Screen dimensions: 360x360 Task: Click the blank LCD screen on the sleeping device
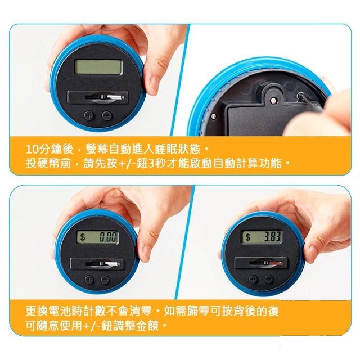(x=98, y=66)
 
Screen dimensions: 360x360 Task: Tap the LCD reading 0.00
(x=97, y=237)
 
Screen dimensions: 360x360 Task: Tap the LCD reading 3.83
(x=262, y=236)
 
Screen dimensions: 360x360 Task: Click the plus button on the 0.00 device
(x=89, y=280)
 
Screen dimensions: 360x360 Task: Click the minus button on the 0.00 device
(x=105, y=280)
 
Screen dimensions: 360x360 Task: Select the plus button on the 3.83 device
(x=253, y=280)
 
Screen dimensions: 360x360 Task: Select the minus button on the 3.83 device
(x=268, y=280)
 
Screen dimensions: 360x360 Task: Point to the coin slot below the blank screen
(x=98, y=97)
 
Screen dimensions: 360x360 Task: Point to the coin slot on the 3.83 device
(x=261, y=263)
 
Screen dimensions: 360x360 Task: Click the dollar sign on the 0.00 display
(x=83, y=237)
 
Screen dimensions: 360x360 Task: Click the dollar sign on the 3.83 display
(x=247, y=237)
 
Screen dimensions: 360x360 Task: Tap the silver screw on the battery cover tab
(x=273, y=100)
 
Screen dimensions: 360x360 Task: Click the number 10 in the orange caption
(x=31, y=150)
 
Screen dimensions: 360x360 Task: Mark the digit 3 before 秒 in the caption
(x=151, y=164)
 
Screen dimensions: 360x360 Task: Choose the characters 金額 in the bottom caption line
(x=147, y=326)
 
